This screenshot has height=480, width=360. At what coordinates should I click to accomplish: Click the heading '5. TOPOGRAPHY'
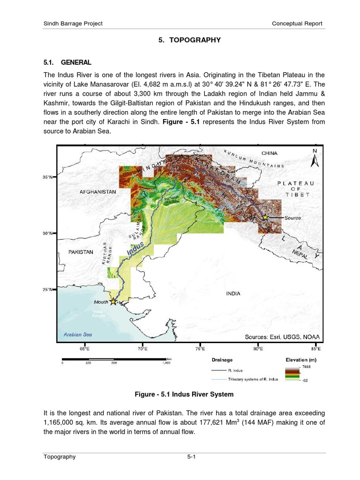click(x=189, y=40)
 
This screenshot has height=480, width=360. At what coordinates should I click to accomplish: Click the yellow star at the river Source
click(x=265, y=217)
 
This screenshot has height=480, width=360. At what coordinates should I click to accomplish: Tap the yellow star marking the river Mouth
click(x=112, y=302)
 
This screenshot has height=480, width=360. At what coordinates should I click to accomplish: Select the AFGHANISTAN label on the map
click(x=97, y=192)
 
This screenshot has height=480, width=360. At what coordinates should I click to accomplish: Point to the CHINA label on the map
click(x=270, y=153)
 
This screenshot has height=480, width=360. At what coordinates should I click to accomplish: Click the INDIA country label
click(x=233, y=294)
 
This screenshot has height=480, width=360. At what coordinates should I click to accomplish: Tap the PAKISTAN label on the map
click(x=81, y=252)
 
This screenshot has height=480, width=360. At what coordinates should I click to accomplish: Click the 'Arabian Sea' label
click(x=78, y=335)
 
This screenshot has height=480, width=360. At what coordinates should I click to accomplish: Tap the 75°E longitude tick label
click(x=200, y=349)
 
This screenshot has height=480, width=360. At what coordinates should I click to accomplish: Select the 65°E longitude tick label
click(x=85, y=349)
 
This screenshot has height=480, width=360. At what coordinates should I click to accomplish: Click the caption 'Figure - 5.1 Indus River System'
click(x=184, y=394)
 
